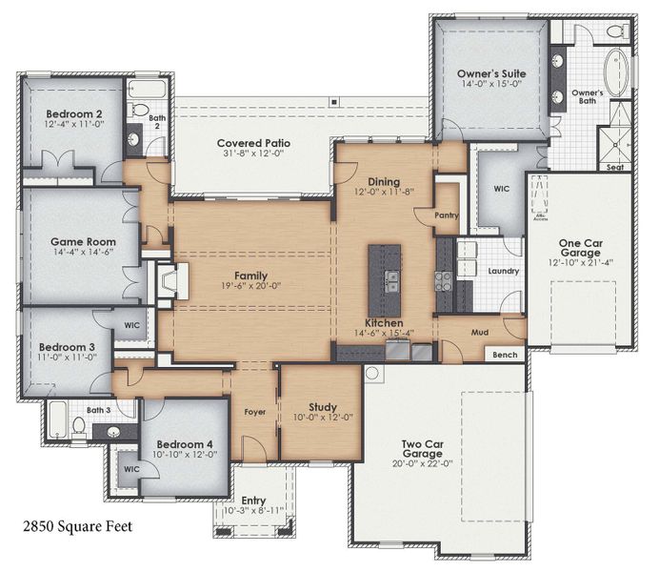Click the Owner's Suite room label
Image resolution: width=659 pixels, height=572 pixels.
coord(491,72)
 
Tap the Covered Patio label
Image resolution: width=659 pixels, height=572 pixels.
coord(254,144)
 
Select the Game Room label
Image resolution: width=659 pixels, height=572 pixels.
coord(77,242)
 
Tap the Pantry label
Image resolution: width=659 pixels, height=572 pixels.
coord(447,215)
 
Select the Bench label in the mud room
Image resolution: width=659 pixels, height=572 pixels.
coord(505,355)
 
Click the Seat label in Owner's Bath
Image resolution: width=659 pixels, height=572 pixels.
coord(616,166)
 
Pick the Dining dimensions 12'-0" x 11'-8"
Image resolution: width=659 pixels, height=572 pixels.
coord(385,194)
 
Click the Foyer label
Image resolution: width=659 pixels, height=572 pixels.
coord(255,413)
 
